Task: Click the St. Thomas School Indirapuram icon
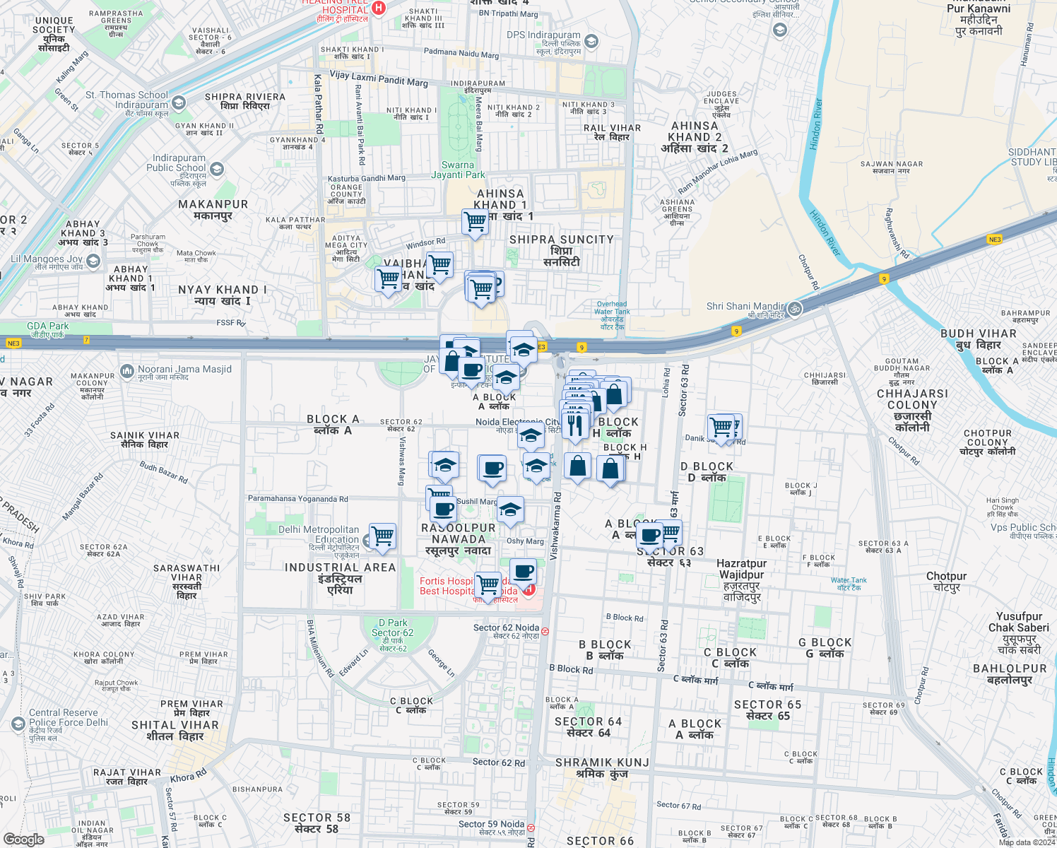pyautogui.click(x=179, y=103)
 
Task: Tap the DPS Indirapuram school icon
pyautogui.click(x=591, y=42)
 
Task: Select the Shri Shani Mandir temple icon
pyautogui.click(x=794, y=308)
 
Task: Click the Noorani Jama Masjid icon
pyautogui.click(x=127, y=370)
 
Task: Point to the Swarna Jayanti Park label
pyautogui.click(x=458, y=170)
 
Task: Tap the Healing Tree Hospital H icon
pyautogui.click(x=379, y=8)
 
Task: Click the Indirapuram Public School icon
pyautogui.click(x=217, y=169)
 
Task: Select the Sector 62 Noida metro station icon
pyautogui.click(x=545, y=631)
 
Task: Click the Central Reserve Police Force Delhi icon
pyautogui.click(x=18, y=724)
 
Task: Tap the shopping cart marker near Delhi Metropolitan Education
pyautogui.click(x=382, y=536)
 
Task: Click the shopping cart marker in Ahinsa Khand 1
pyautogui.click(x=476, y=221)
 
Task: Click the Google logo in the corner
pyautogui.click(x=23, y=839)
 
